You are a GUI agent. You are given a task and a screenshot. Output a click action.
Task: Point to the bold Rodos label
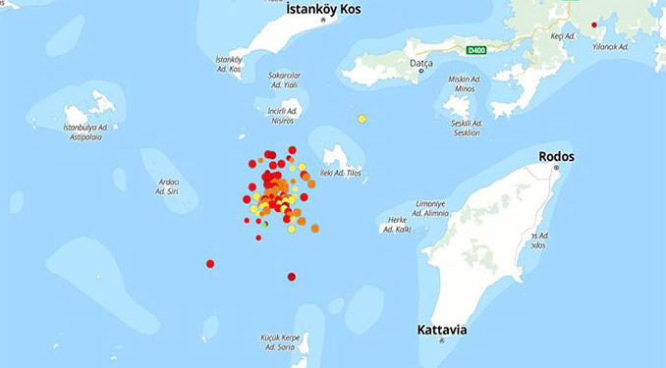(556, 156)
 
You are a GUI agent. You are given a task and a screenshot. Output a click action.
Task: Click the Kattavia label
(441, 329)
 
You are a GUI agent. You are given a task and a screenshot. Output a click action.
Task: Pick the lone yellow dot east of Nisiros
(361, 119)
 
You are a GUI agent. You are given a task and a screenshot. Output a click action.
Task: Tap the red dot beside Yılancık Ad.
(593, 26)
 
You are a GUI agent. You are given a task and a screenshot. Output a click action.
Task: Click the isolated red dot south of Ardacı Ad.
(210, 263)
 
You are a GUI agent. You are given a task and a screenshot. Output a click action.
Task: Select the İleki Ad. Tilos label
(341, 174)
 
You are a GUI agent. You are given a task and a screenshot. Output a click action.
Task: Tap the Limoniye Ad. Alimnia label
(431, 206)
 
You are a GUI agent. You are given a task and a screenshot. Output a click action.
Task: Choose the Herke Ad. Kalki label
(398, 225)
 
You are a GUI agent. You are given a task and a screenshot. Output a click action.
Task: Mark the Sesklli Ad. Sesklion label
(465, 128)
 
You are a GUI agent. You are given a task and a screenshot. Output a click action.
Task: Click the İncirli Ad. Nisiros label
(282, 114)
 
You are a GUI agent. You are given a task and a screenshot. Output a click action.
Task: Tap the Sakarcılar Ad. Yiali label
(284, 79)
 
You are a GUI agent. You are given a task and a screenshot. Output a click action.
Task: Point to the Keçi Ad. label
(561, 36)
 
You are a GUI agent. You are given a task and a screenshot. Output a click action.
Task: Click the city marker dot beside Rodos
(556, 168)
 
